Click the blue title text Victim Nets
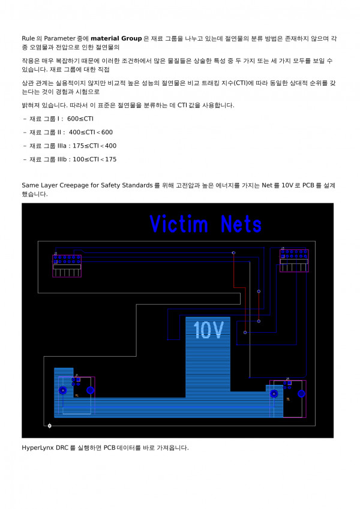[x=206, y=224]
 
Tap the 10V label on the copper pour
[x=208, y=329]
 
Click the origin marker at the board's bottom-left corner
[x=49, y=426]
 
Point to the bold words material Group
[x=116, y=39]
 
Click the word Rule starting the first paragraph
[x=28, y=39]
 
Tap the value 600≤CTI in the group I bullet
[x=80, y=119]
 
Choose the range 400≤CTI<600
[x=91, y=132]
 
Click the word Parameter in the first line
[x=61, y=39]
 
